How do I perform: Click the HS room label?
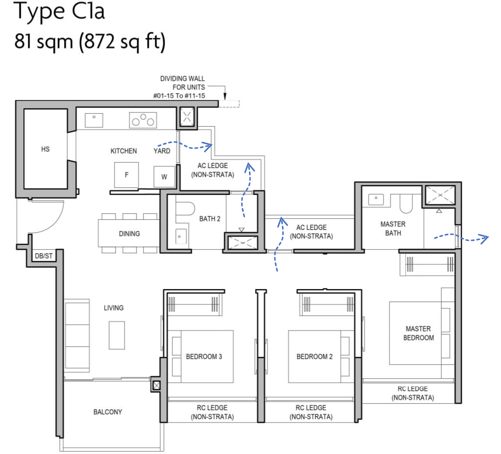click(45, 149)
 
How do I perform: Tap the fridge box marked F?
click(126, 175)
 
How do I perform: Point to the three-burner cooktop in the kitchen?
click(143, 120)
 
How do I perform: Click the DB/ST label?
click(43, 256)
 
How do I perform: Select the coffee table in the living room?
click(117, 335)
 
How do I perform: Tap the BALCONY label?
click(108, 412)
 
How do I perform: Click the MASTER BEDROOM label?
click(418, 333)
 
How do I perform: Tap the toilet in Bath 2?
click(186, 209)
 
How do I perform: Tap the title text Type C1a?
click(59, 12)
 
